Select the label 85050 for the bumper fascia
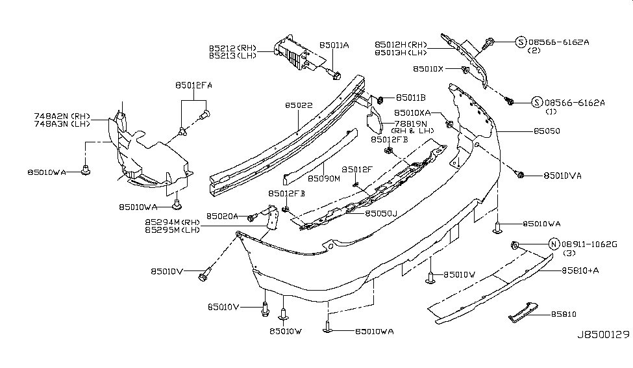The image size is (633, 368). coord(547,131)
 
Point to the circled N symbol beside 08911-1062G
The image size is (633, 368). coord(553,244)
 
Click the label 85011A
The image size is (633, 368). coord(334,46)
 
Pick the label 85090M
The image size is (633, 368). coord(324,177)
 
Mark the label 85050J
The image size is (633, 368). coord(382,213)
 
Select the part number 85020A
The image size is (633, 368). coord(223,216)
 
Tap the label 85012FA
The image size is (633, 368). coord(193,85)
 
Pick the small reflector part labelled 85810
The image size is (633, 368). coord(519,311)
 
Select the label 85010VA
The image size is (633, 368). coord(562,176)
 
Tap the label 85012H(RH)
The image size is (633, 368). coord(401,44)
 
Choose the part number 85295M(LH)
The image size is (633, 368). coord(172,230)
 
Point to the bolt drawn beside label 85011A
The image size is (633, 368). coord(335,75)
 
